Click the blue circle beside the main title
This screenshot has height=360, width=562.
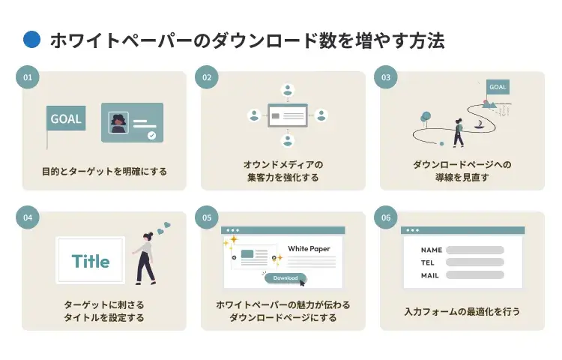[31, 40]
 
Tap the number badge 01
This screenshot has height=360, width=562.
[28, 77]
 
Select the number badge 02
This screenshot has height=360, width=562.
[207, 77]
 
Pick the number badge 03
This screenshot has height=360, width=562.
[386, 77]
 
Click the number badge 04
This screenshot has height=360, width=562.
[28, 218]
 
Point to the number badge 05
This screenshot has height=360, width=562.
[207, 218]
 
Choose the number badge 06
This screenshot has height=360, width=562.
[386, 218]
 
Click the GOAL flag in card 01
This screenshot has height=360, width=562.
[66, 118]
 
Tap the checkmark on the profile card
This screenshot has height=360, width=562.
[152, 136]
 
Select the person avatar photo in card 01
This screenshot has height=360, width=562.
[118, 123]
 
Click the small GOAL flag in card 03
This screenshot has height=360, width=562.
[498, 87]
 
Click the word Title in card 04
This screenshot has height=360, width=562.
[91, 262]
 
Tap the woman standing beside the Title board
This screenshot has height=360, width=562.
[145, 257]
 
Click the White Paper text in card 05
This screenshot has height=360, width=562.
[309, 248]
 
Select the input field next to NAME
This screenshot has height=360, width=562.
[474, 250]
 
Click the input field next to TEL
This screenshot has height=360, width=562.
[474, 262]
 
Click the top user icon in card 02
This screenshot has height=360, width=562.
[287, 90]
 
